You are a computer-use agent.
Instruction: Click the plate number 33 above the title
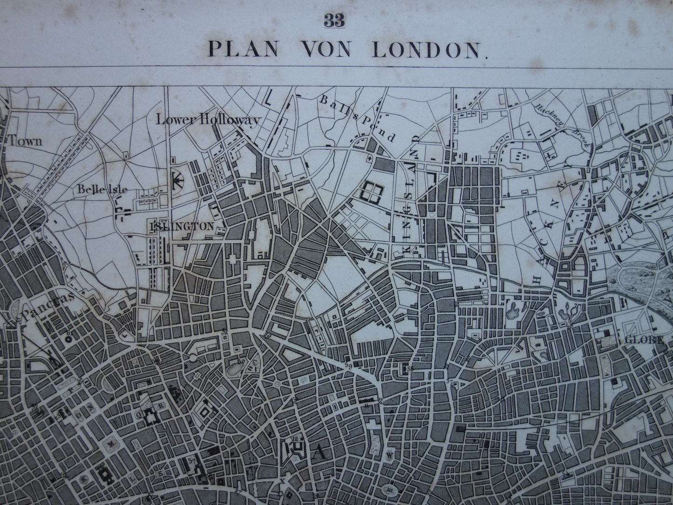click(336, 22)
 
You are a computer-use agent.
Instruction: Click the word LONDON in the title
click(427, 49)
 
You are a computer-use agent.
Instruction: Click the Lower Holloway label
click(207, 120)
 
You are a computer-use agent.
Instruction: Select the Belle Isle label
click(102, 190)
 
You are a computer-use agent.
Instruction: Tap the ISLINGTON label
click(182, 226)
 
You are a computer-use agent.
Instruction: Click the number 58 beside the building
click(409, 369)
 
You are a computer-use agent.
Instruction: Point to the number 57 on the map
click(449, 383)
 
